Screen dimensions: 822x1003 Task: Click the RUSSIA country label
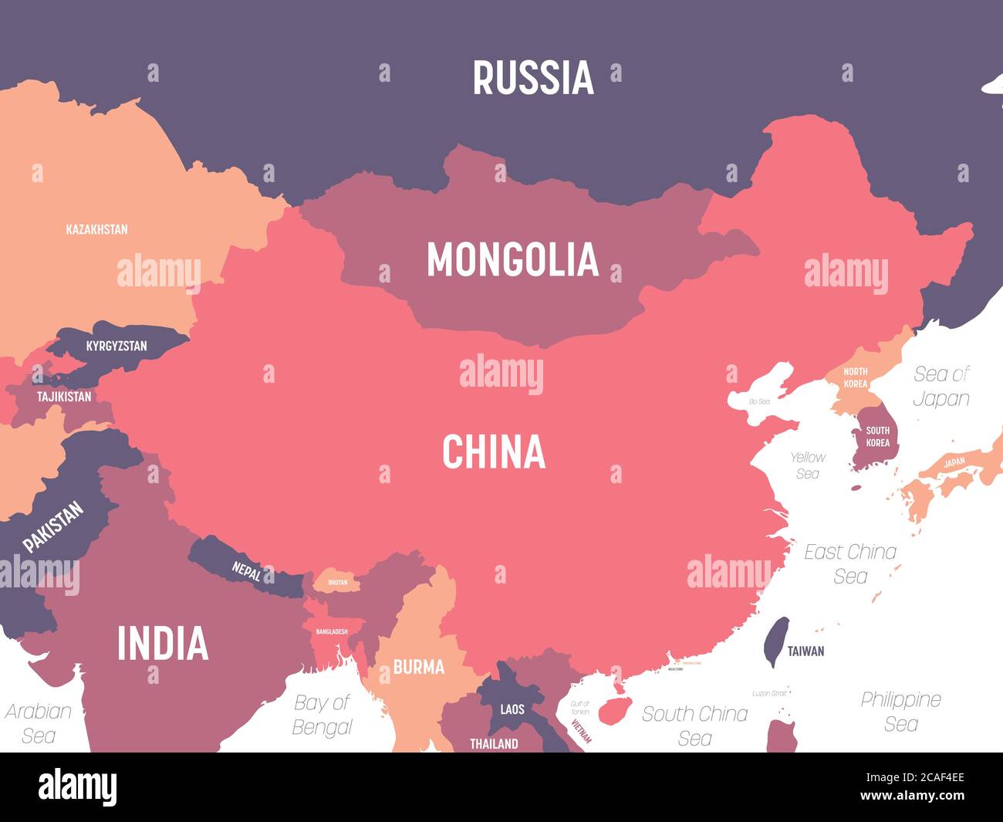click(533, 78)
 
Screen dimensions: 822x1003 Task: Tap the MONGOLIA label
click(512, 260)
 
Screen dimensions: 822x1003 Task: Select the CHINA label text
click(494, 452)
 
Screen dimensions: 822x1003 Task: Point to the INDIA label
click(163, 644)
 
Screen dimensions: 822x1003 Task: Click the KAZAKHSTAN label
click(96, 229)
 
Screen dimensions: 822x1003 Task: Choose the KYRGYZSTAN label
click(117, 346)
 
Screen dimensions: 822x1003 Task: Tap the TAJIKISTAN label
click(64, 397)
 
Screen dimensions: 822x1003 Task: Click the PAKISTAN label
click(52, 527)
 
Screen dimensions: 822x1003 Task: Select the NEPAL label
click(247, 571)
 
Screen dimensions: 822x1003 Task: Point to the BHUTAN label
click(337, 582)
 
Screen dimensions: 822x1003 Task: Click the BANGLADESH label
click(332, 631)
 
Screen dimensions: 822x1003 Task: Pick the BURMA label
click(418, 667)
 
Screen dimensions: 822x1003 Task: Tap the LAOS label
click(512, 709)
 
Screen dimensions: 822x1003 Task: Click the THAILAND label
click(494, 744)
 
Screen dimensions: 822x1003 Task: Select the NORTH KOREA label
click(855, 377)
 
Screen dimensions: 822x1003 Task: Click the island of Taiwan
click(776, 641)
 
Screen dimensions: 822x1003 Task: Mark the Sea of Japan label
click(941, 386)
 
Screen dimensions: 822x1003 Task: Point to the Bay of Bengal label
click(322, 715)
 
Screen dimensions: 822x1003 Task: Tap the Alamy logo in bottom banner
click(77, 787)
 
